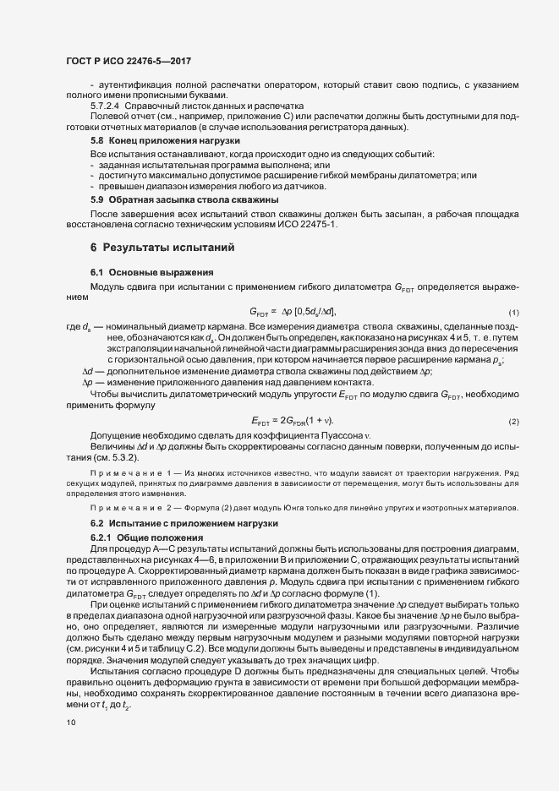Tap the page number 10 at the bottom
pyautogui.click(x=70, y=723)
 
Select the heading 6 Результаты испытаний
pyautogui.click(x=156, y=247)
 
